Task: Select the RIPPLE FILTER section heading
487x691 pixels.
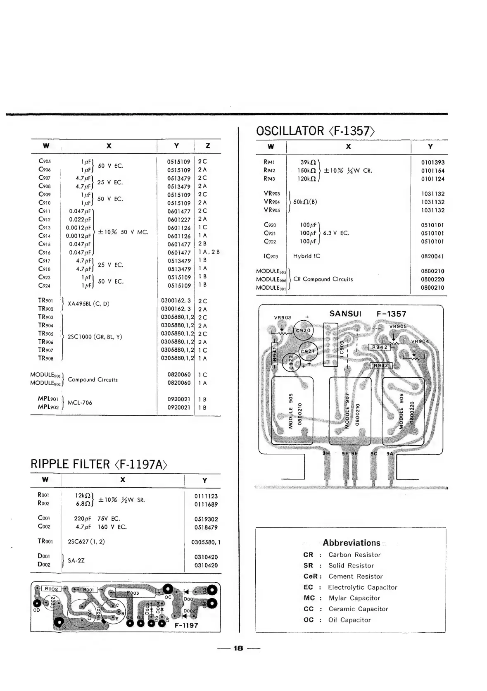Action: click(x=70, y=464)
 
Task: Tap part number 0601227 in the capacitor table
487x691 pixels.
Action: click(x=179, y=219)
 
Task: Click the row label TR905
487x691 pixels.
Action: click(x=45, y=334)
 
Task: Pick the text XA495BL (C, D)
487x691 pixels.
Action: click(x=88, y=304)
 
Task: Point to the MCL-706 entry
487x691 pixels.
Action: click(x=80, y=403)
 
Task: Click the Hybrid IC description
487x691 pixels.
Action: click(x=306, y=256)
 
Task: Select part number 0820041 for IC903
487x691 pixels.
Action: click(x=432, y=256)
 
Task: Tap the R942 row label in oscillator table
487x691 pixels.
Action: click(x=269, y=171)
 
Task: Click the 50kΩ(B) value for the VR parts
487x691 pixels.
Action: click(x=305, y=202)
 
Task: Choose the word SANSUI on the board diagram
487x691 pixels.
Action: click(x=345, y=314)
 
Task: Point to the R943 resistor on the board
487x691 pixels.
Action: click(x=380, y=365)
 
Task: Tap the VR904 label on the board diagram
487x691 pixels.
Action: click(x=420, y=341)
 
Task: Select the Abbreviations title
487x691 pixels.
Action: click(x=351, y=543)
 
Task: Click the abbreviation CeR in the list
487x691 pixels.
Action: click(x=310, y=576)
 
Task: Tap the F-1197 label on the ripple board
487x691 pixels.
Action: click(x=186, y=625)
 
